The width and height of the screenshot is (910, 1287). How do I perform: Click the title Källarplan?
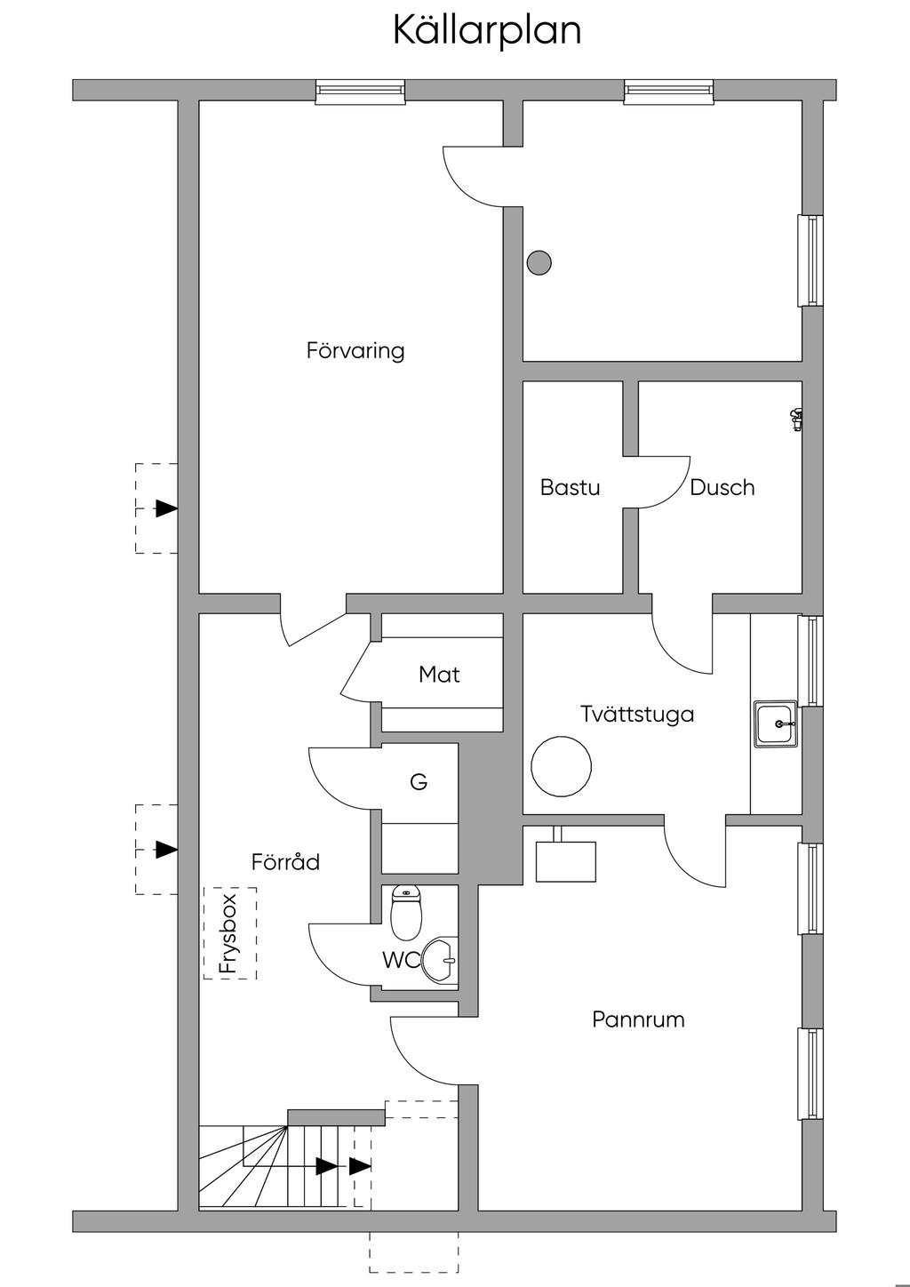pyautogui.click(x=487, y=30)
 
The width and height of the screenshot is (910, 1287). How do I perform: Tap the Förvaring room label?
pyautogui.click(x=355, y=350)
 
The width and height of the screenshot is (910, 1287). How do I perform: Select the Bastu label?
pyautogui.click(x=570, y=487)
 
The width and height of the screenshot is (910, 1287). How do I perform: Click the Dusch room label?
pyautogui.click(x=722, y=487)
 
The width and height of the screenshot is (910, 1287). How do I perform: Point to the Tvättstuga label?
pyautogui.click(x=637, y=714)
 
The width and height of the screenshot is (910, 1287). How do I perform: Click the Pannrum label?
pyautogui.click(x=638, y=1019)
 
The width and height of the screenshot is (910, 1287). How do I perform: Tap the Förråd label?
pyautogui.click(x=285, y=861)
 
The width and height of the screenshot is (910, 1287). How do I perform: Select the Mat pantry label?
pyautogui.click(x=439, y=675)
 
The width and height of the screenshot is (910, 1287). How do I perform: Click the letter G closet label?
pyautogui.click(x=419, y=782)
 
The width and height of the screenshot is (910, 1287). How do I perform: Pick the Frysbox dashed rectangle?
pyautogui.click(x=230, y=932)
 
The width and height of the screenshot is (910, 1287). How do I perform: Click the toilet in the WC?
pyautogui.click(x=406, y=913)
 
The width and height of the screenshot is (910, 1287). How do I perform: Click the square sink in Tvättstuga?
pyautogui.click(x=776, y=723)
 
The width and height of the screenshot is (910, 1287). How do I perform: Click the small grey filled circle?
pyautogui.click(x=539, y=262)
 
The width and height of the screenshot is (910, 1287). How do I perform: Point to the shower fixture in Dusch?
pyautogui.click(x=796, y=419)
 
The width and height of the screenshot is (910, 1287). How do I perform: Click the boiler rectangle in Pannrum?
pyautogui.click(x=566, y=860)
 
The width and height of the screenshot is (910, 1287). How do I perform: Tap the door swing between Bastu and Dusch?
pyautogui.click(x=663, y=482)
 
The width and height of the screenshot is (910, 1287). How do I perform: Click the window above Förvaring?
pyautogui.click(x=360, y=92)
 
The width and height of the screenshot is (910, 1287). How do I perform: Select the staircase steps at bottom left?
pyautogui.click(x=267, y=1165)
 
